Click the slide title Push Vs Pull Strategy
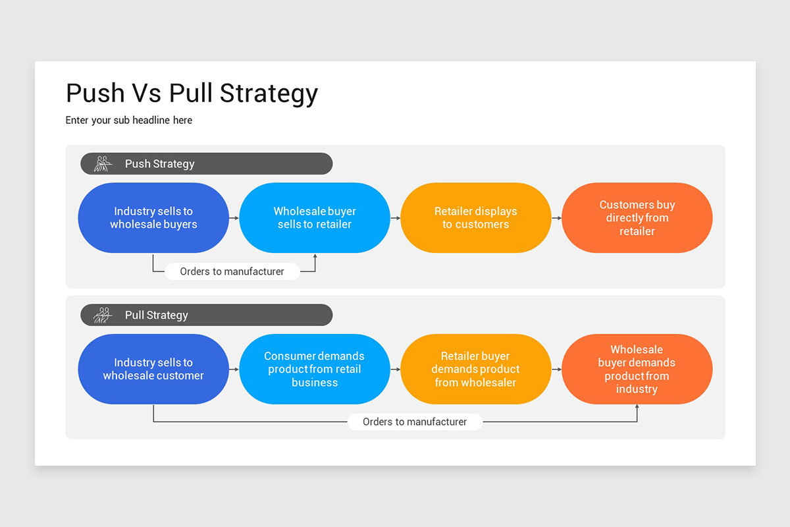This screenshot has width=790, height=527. click(192, 94)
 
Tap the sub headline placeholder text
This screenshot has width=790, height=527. click(129, 121)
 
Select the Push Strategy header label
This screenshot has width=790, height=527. click(160, 164)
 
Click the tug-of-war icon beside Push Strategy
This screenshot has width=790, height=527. click(102, 164)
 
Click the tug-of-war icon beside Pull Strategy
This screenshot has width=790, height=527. click(102, 315)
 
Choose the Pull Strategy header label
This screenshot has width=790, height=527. click(157, 315)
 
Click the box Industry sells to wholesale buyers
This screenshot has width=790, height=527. click(153, 218)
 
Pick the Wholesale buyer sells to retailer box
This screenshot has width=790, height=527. click(315, 218)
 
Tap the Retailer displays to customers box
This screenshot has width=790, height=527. click(475, 218)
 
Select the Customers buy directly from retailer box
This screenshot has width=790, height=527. click(637, 218)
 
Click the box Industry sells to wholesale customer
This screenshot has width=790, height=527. click(153, 369)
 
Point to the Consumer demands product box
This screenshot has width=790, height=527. click(315, 369)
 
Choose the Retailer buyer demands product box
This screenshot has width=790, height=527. click(475, 369)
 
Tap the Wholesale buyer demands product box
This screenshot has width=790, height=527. click(637, 369)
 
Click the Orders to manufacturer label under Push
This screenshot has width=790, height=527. click(232, 271)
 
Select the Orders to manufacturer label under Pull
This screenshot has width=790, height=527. click(415, 422)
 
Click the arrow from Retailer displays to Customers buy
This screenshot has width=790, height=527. click(556, 218)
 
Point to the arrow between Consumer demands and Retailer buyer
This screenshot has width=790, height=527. click(395, 370)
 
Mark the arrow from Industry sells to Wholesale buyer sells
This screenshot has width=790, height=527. click(234, 218)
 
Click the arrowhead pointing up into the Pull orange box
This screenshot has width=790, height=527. click(637, 408)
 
